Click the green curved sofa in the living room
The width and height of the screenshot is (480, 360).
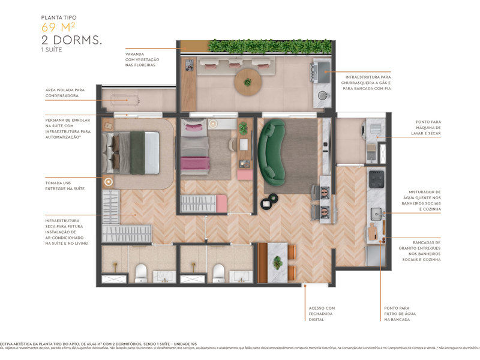coord(272,152)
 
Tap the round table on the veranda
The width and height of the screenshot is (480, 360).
coord(247,83)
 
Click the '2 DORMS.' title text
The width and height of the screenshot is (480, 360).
coord(71,40)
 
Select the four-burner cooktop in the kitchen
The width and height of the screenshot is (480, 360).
coord(376,179)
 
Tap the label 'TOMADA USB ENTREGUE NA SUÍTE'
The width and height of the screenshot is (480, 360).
coord(65,185)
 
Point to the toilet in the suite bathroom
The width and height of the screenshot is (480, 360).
coord(141,273)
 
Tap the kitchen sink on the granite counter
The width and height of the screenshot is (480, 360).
coord(376,212)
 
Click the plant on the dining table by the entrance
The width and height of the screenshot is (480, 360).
coord(277,262)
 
